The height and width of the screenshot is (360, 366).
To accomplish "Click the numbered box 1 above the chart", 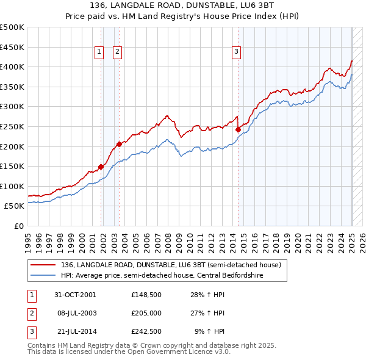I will (98, 52).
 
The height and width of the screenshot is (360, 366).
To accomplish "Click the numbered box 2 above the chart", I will (117, 52).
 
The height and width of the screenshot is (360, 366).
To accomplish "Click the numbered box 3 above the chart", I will (235, 52).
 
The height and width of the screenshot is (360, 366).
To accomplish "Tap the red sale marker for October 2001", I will (101, 167).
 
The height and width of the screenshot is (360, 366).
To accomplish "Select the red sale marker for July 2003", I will (119, 144).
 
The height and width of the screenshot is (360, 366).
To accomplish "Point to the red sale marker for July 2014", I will (238, 129).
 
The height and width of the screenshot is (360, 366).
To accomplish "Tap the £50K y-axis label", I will (15, 206).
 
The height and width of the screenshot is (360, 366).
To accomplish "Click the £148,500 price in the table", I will (146, 294).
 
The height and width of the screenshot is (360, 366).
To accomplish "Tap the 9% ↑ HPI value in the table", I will (209, 332).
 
